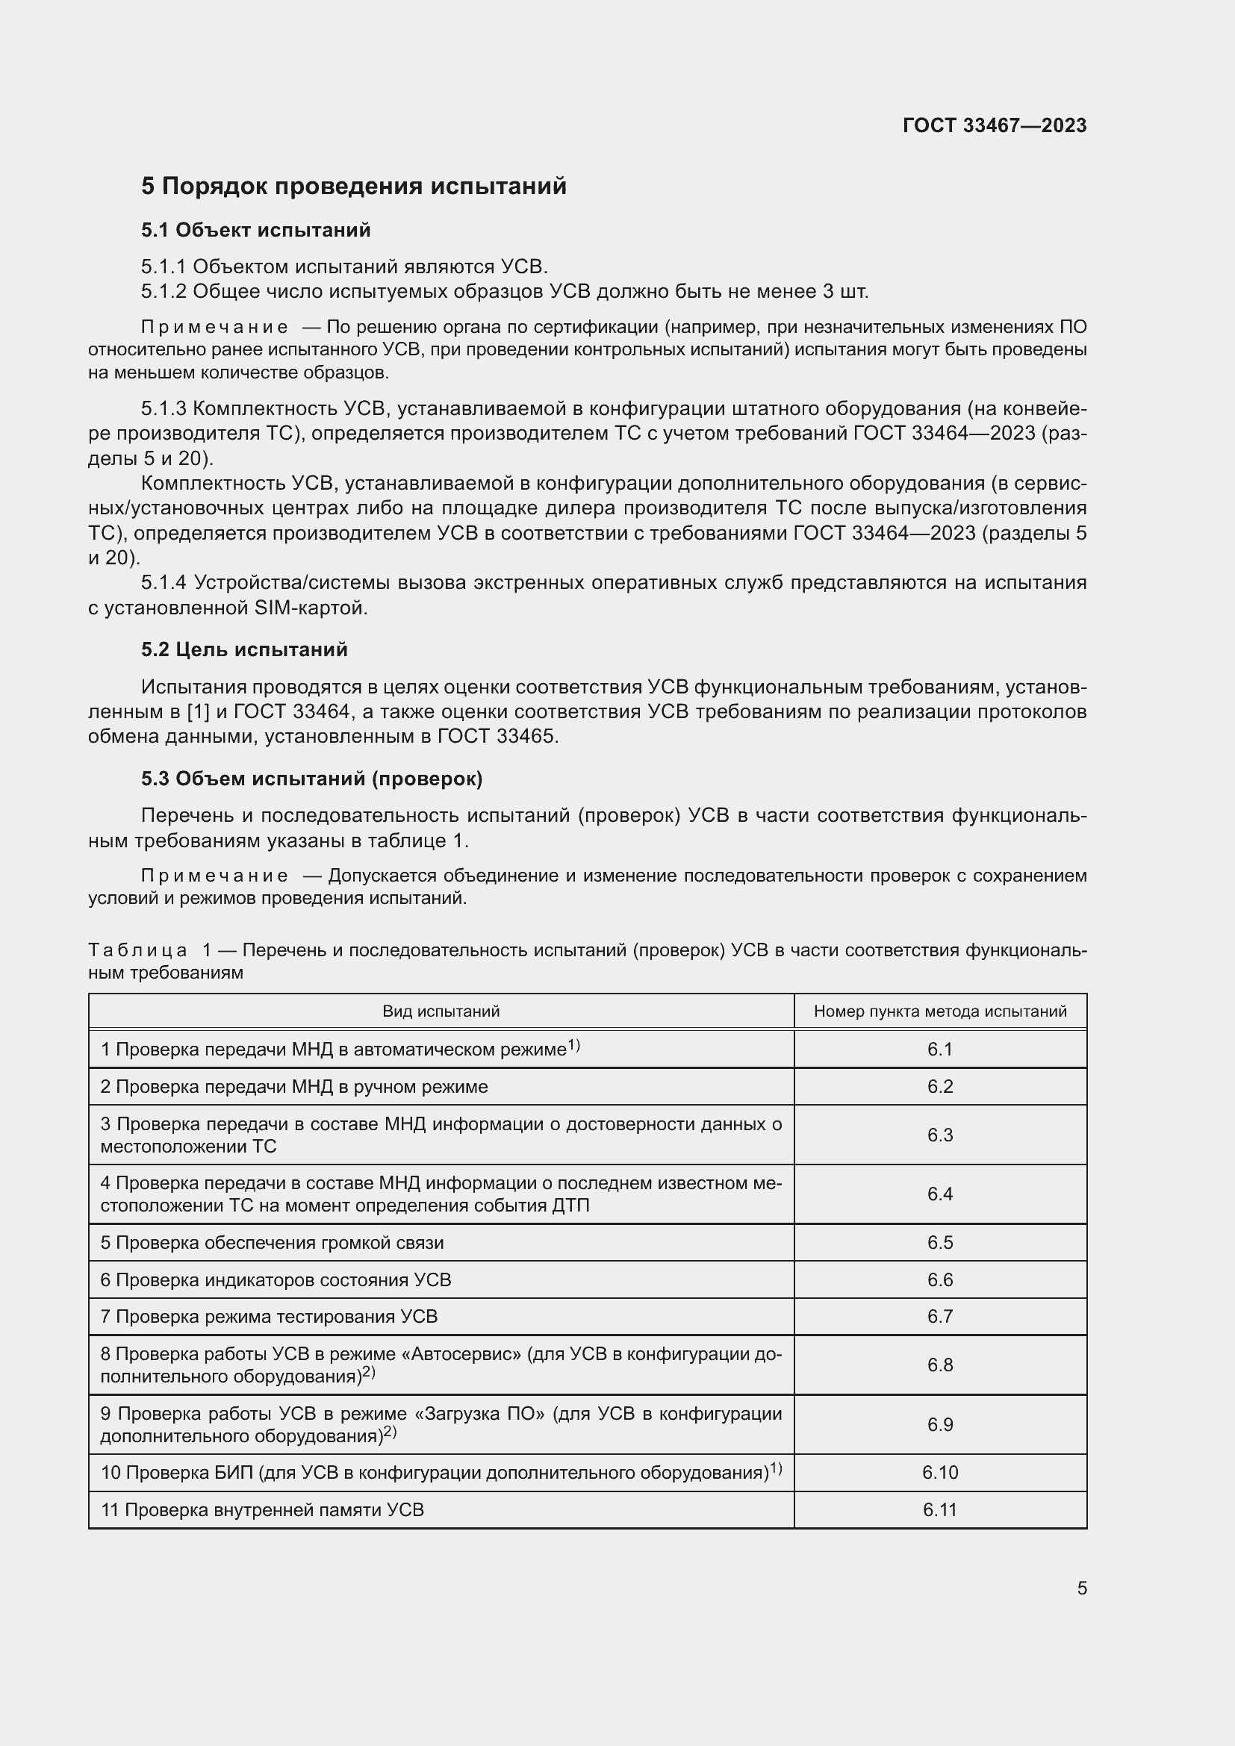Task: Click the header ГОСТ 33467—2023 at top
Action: tap(994, 125)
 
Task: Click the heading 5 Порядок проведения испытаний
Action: tap(354, 187)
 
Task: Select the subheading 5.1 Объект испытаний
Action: tap(255, 230)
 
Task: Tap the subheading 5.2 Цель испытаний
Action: tap(244, 649)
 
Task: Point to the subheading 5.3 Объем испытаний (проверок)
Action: tap(312, 779)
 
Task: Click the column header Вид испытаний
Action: tap(441, 1011)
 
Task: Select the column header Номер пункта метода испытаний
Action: tap(940, 1011)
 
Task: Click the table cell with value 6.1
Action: tap(940, 1050)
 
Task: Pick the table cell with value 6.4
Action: tap(940, 1194)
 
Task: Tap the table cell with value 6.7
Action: tap(940, 1316)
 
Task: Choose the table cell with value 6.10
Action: tap(940, 1472)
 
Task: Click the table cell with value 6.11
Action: tap(940, 1509)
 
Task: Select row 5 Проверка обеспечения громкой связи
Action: tap(273, 1243)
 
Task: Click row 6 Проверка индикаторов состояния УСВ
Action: tap(276, 1280)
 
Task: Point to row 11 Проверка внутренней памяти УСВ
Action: tap(262, 1509)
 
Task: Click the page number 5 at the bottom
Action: tap(1081, 1588)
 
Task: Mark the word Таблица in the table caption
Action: tap(137, 950)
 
